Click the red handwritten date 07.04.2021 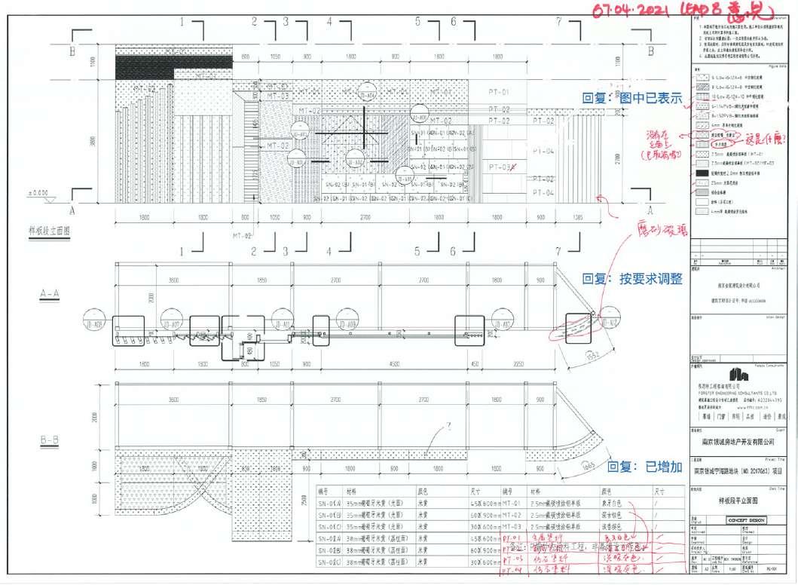pyautogui.click(x=636, y=11)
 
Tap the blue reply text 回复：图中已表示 pyautogui.click(x=631, y=98)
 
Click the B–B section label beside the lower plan pyautogui.click(x=50, y=437)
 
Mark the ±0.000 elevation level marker pyautogui.click(x=38, y=193)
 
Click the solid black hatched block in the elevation pyautogui.click(x=143, y=66)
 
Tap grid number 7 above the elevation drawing pyautogui.click(x=558, y=21)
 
